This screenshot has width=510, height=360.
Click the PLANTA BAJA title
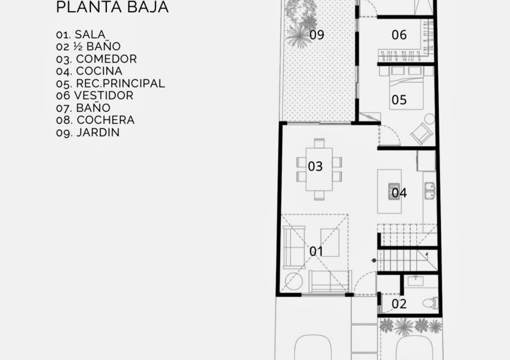[x=112, y=6]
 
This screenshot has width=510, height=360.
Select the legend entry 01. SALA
[x=80, y=34]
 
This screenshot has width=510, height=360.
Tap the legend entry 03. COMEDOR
[x=96, y=59]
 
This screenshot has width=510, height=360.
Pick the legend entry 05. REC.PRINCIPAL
[x=110, y=83]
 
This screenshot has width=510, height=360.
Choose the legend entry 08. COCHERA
[x=95, y=120]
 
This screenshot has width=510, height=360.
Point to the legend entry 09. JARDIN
[x=88, y=132]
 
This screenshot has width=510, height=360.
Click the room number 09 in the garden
[x=316, y=35]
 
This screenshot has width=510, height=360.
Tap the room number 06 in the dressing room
[x=399, y=35]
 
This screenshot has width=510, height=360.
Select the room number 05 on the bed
[x=399, y=100]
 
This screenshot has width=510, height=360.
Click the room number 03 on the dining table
[x=315, y=166]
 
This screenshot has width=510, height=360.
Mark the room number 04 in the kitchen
[x=399, y=193]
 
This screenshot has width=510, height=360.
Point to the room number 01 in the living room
[x=316, y=251]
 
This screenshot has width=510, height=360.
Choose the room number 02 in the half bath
[x=399, y=303]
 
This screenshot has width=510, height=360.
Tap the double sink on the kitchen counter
[x=430, y=190]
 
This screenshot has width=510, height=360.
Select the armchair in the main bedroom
[x=422, y=133]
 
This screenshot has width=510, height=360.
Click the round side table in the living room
[x=293, y=282]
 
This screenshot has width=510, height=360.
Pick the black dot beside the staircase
[x=374, y=260]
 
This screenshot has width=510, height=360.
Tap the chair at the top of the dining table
[x=319, y=143]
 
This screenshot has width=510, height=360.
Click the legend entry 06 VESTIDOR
[x=94, y=95]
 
